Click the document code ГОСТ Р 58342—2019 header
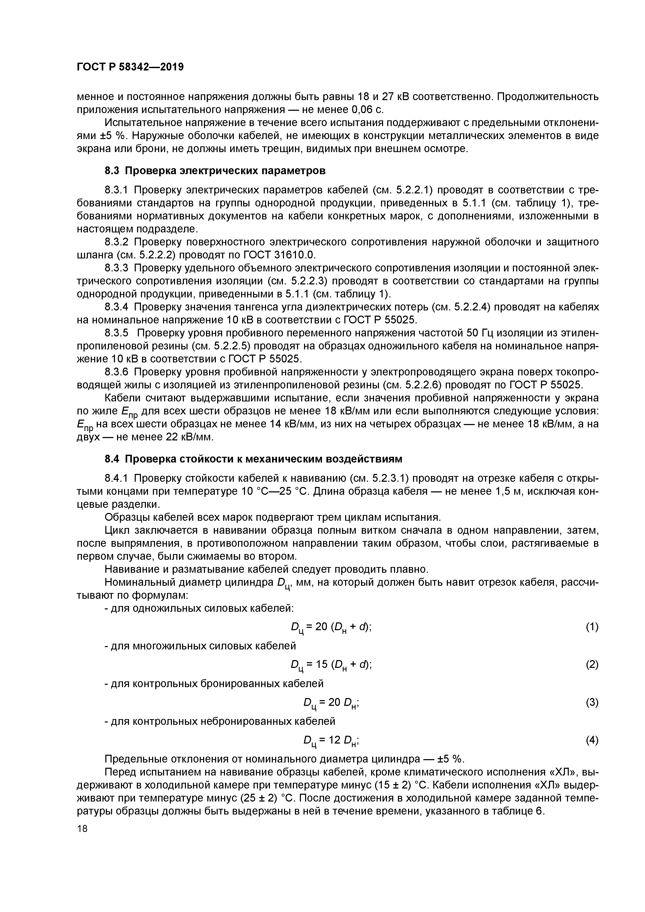(x=130, y=67)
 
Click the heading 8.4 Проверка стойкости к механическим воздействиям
(x=253, y=459)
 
